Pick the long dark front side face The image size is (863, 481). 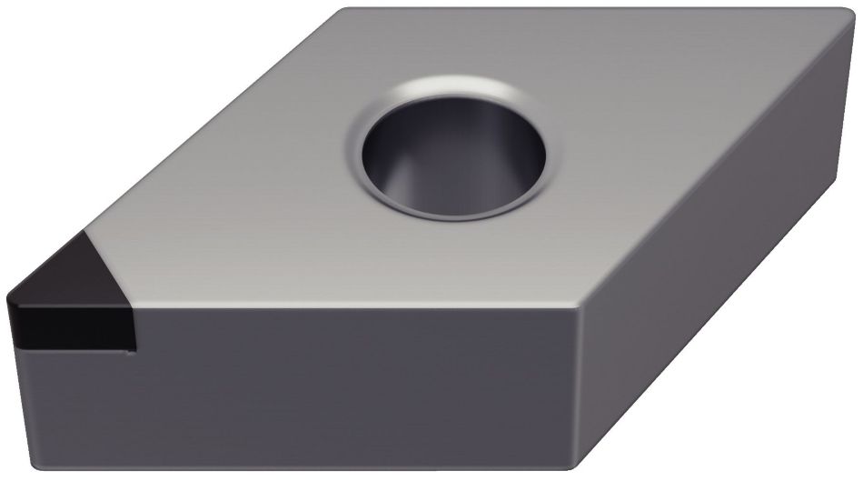[x=345, y=391]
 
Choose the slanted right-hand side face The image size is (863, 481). [x=718, y=273]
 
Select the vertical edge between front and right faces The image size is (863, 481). [x=578, y=391]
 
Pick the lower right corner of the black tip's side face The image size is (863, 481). [x=134, y=349]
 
